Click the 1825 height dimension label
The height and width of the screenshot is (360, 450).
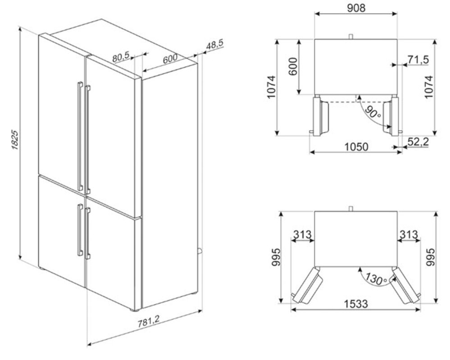click(x=15, y=140)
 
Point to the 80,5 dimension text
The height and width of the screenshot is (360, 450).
click(x=121, y=56)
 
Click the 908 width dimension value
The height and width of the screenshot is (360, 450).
click(x=356, y=8)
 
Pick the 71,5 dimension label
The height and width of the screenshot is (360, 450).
click(x=418, y=59)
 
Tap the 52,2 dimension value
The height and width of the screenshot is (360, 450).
click(x=418, y=142)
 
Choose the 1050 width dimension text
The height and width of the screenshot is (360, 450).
click(x=356, y=146)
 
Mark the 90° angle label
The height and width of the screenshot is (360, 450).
click(x=372, y=112)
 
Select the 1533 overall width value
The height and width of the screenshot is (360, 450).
click(x=356, y=303)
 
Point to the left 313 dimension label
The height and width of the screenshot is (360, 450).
click(x=302, y=235)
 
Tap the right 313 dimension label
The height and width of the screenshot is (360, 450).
click(x=409, y=235)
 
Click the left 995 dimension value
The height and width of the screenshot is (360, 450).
click(x=276, y=257)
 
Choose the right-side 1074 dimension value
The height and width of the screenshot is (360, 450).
click(x=429, y=87)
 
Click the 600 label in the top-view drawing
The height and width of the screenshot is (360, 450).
click(x=293, y=67)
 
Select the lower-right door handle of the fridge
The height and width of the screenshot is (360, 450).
click(x=87, y=233)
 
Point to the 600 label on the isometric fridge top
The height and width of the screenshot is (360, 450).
click(x=170, y=59)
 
